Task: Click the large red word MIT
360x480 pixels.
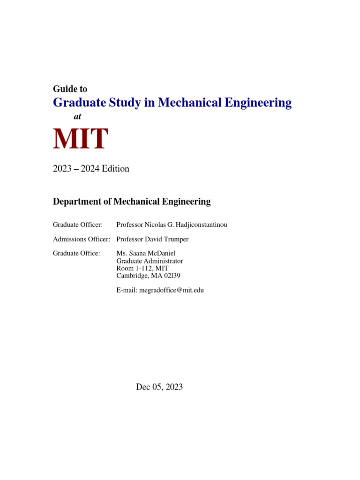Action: [x=80, y=139]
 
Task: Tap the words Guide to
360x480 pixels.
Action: [x=70, y=89]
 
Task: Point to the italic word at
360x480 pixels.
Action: [x=77, y=117]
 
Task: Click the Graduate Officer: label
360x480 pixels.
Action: [x=77, y=225]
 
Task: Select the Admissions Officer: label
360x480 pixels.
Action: [x=81, y=239]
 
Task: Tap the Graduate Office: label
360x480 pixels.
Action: [x=76, y=253]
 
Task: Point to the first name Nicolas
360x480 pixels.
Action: [x=156, y=225]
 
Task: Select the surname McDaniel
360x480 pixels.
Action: [x=160, y=253]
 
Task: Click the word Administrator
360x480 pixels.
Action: [x=164, y=261]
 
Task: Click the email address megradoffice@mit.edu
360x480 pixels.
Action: [x=172, y=290]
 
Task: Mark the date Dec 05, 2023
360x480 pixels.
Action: [x=159, y=387]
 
